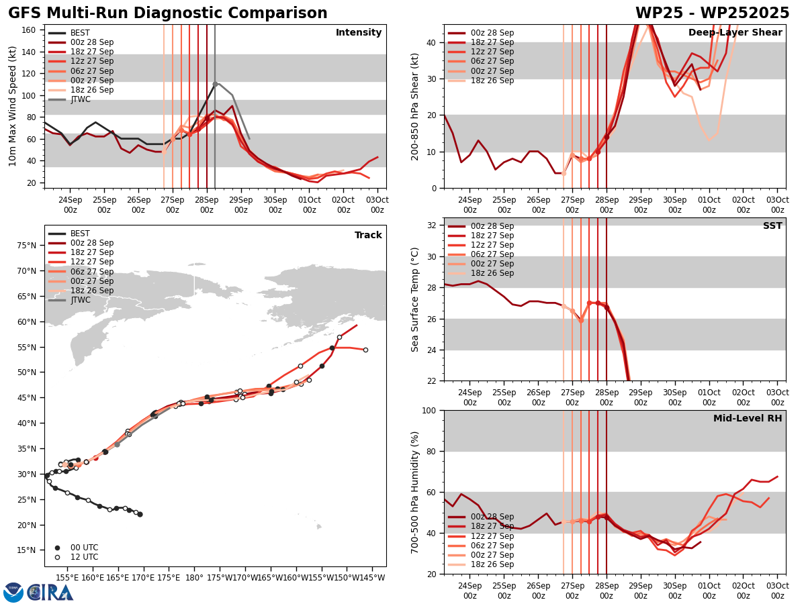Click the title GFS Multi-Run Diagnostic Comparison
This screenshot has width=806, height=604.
tap(168, 13)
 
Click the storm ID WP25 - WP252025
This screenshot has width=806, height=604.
tap(712, 13)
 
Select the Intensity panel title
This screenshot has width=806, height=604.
tap(359, 33)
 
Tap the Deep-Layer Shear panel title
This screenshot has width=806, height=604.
tap(735, 33)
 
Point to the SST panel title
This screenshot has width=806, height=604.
tap(772, 226)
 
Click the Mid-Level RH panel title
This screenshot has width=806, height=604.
tap(748, 419)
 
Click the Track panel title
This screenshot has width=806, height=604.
tap(368, 236)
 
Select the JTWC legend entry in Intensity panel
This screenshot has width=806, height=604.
tap(80, 99)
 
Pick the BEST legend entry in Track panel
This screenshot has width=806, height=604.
tap(80, 234)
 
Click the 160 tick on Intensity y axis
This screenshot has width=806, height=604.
tap(30, 30)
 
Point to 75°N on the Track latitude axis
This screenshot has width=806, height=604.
tap(28, 246)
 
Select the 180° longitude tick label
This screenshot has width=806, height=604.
tap(194, 576)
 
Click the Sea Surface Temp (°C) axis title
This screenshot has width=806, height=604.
tap(415, 299)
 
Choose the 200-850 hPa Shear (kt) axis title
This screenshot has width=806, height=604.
tap(415, 107)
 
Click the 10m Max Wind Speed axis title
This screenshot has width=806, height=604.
tap(12, 107)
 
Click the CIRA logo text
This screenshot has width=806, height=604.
tap(50, 592)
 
